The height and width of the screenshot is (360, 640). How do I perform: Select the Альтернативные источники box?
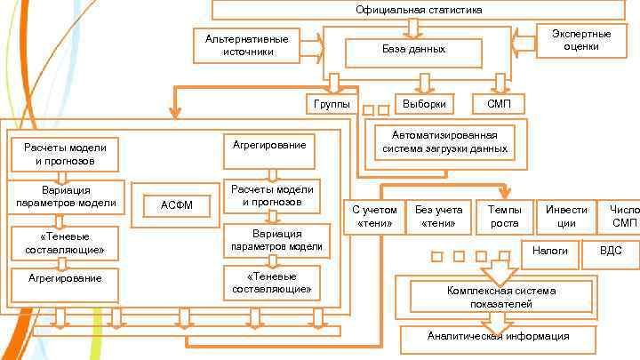[246, 45]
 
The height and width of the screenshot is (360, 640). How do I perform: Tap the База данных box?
[413, 50]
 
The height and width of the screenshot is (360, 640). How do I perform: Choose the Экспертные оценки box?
[580, 40]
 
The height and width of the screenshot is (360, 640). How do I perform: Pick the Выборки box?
[424, 104]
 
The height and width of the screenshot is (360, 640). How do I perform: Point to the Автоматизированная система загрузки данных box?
[444, 141]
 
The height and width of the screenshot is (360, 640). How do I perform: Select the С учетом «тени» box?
[374, 216]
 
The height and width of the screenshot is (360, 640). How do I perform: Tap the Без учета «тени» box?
[438, 216]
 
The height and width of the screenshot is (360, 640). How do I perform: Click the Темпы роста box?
[504, 216]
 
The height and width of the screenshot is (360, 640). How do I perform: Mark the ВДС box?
[612, 252]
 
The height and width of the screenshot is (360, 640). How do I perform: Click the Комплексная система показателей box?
[501, 297]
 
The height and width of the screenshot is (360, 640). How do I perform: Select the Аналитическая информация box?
[498, 337]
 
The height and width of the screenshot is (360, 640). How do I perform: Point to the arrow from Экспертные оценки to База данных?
[524, 40]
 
